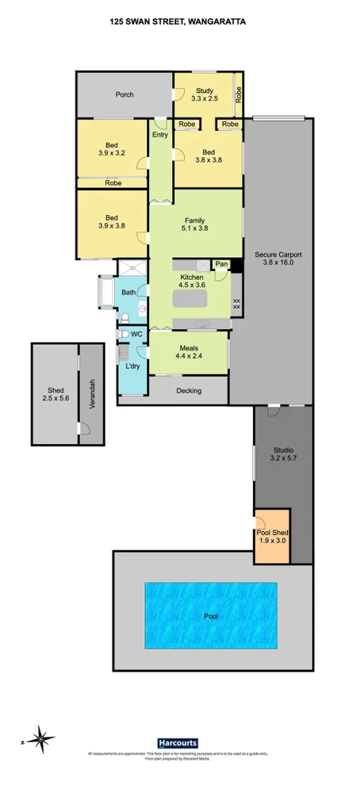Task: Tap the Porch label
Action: (x=124, y=94)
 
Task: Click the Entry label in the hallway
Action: (x=160, y=135)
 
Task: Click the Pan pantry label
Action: (x=221, y=263)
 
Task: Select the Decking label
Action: (x=189, y=390)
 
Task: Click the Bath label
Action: (x=128, y=293)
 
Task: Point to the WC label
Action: (x=136, y=334)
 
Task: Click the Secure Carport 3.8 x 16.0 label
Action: (x=278, y=258)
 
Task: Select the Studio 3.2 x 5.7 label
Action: (x=282, y=454)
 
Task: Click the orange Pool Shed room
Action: (x=274, y=534)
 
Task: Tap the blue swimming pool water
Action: (x=211, y=615)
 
